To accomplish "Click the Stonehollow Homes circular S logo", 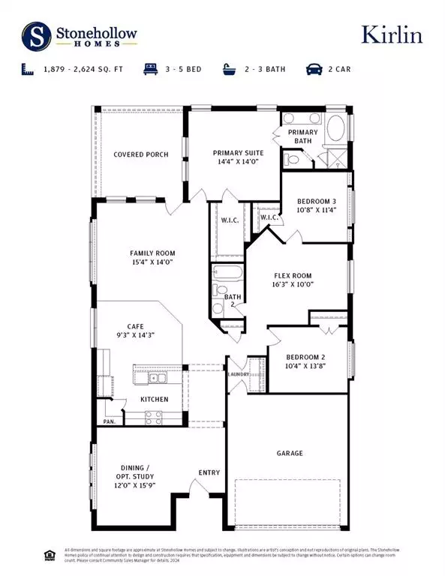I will pyautogui.click(x=35, y=34).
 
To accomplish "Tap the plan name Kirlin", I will pyautogui.click(x=391, y=35).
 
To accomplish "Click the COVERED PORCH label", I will pyautogui.click(x=140, y=155).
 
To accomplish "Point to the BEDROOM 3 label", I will pyautogui.click(x=316, y=202).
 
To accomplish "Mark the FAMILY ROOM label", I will pyautogui.click(x=152, y=253).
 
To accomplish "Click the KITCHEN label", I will pyautogui.click(x=155, y=400).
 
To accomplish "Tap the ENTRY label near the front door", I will pyautogui.click(x=209, y=472).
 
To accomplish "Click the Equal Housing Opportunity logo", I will pyautogui.click(x=50, y=555).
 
